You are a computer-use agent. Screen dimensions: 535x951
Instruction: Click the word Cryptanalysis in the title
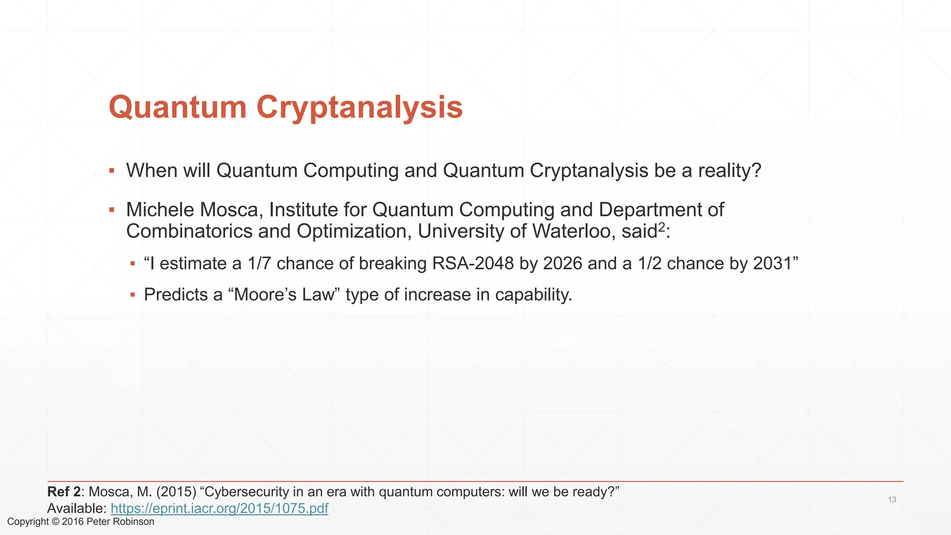[x=359, y=108]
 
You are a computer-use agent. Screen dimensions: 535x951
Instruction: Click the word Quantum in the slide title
[x=177, y=108]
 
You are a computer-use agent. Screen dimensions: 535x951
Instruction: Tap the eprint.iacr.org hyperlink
[x=219, y=508]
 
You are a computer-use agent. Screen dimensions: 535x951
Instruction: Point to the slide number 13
[x=892, y=500]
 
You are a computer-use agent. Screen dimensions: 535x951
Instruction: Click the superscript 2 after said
[x=662, y=227]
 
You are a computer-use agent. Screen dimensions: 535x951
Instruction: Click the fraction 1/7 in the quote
[x=259, y=263]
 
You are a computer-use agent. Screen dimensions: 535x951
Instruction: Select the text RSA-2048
[x=473, y=263]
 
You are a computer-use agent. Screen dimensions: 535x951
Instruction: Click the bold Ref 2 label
[x=64, y=491]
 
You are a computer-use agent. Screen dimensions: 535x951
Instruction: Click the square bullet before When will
[x=111, y=171]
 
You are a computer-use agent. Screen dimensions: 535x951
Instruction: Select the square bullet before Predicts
[x=133, y=295]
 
